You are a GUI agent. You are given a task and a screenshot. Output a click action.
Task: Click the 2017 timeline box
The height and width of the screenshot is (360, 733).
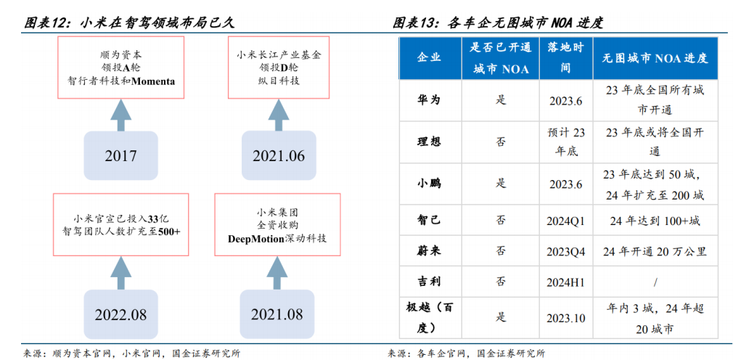tap(120, 155)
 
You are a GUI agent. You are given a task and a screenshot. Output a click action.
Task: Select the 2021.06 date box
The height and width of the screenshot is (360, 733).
tap(279, 155)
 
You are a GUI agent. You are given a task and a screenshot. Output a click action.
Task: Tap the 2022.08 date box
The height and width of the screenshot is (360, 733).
tap(120, 314)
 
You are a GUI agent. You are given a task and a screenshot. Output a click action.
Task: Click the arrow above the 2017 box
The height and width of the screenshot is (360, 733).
tap(120, 115)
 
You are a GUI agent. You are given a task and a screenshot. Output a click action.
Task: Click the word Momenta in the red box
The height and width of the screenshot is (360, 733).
tap(153, 81)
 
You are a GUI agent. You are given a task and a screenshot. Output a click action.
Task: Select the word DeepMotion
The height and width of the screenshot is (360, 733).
tap(256, 239)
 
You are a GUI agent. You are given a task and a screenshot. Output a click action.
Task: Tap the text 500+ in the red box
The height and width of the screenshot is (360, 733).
tap(169, 231)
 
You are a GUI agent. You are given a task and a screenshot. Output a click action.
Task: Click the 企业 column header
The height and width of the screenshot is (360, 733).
tap(429, 58)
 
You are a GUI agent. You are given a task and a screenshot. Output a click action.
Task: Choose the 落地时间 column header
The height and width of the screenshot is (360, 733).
tap(565, 58)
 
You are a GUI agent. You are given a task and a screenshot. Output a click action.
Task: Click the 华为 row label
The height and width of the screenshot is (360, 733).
tap(429, 100)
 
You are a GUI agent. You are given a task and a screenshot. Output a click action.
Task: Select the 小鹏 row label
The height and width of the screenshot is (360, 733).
tap(429, 184)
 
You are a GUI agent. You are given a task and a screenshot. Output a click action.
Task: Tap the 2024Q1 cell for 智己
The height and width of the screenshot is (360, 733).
tap(565, 221)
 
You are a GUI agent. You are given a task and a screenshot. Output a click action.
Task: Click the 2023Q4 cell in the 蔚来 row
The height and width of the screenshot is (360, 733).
tap(565, 252)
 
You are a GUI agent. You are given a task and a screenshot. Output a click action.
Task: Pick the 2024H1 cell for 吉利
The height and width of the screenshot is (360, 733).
tap(565, 282)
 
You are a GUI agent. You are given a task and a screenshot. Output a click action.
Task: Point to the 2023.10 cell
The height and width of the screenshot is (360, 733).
tap(565, 318)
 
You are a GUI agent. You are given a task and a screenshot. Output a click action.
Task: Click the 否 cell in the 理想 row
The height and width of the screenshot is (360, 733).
tap(501, 142)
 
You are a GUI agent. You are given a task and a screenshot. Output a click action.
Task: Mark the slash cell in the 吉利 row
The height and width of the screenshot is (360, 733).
tap(656, 282)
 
